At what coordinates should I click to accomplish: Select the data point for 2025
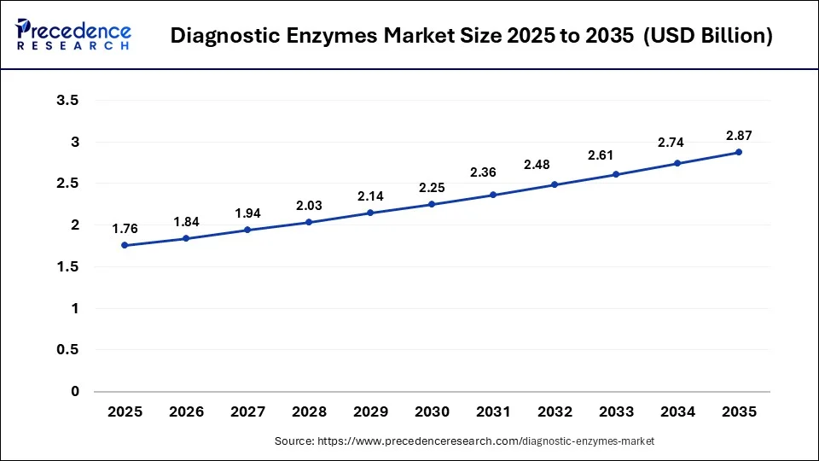tap(125, 245)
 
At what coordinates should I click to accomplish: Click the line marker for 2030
tap(432, 204)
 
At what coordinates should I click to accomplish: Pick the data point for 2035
tap(739, 152)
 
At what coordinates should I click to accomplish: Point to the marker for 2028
tap(309, 222)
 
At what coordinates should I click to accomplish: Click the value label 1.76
tap(125, 228)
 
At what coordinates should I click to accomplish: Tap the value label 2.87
tap(739, 135)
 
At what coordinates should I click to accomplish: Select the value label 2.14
tap(370, 195)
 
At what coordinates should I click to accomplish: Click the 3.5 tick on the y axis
tap(67, 101)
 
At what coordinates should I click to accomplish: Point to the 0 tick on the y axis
tap(74, 392)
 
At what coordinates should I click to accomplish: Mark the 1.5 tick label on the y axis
tap(67, 267)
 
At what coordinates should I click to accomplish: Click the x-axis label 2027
tap(247, 411)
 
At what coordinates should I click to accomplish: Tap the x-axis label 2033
tap(616, 411)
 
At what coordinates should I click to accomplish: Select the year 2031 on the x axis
tap(493, 411)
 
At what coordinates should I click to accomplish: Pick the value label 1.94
tap(247, 213)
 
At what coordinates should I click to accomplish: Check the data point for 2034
tap(677, 163)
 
